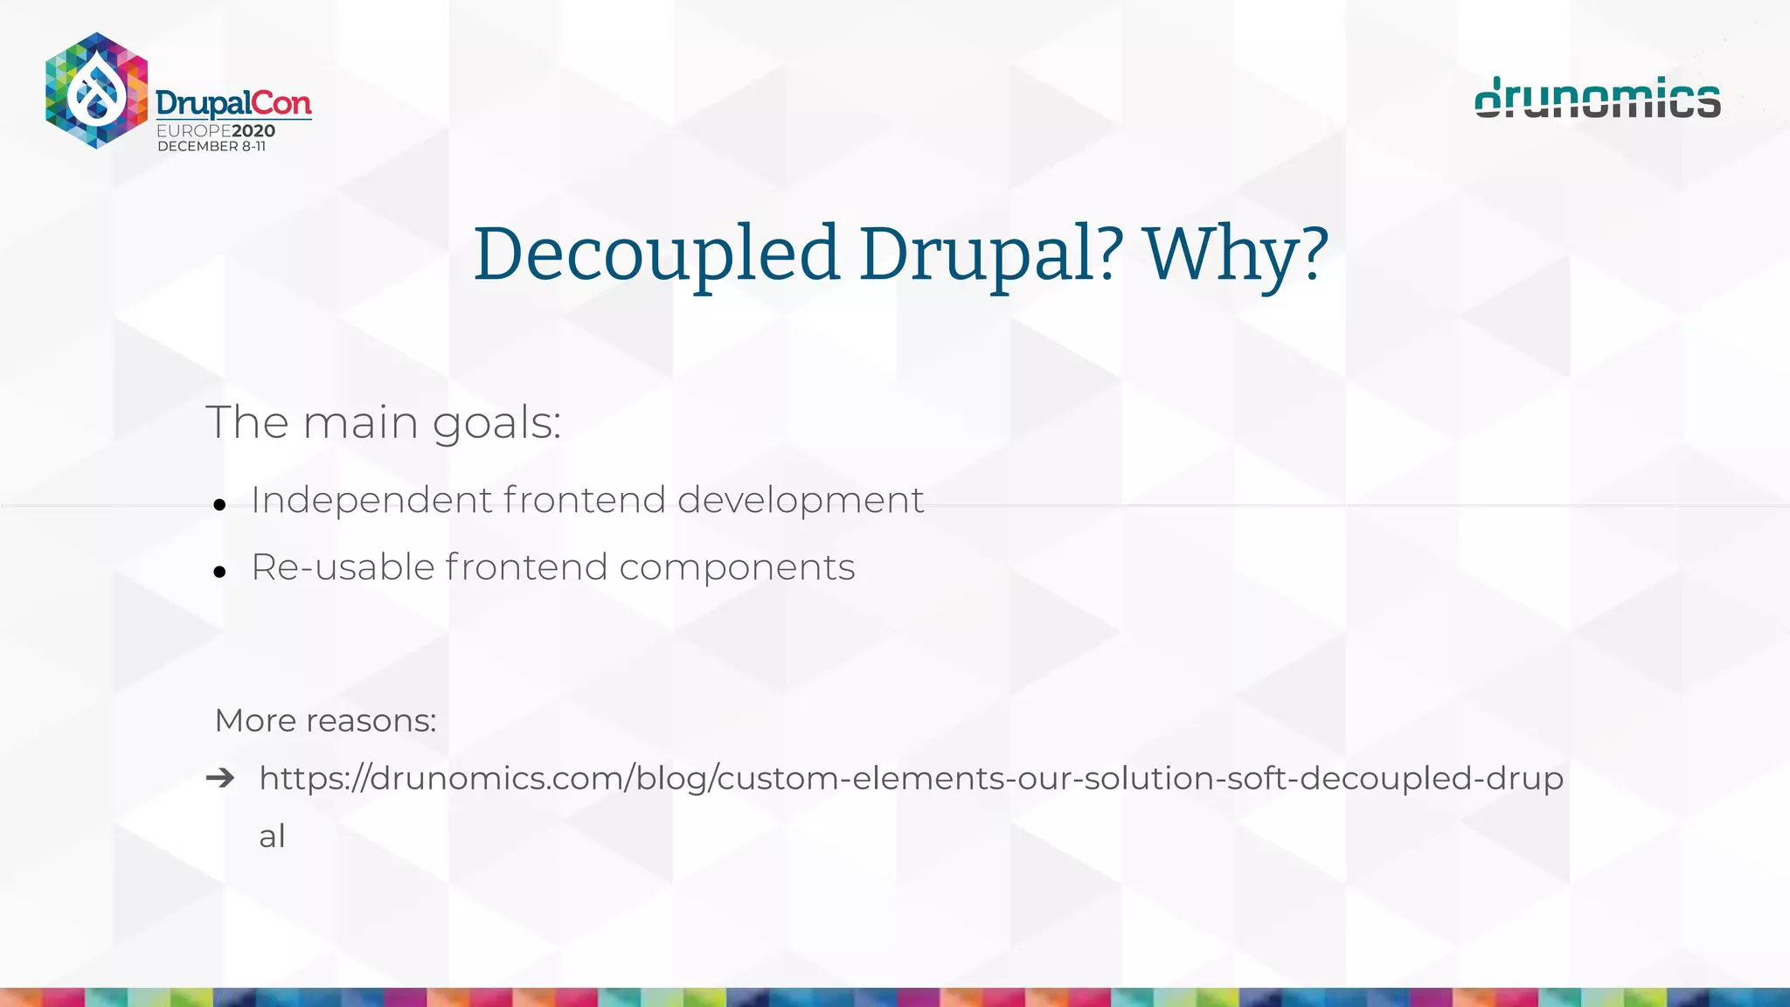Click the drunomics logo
(x=1597, y=97)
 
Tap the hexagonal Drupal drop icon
(x=96, y=90)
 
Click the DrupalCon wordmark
(x=233, y=104)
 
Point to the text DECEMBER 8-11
(x=212, y=147)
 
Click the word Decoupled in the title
(x=656, y=253)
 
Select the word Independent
(x=372, y=500)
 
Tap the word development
(x=800, y=501)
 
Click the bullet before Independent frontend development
(x=219, y=505)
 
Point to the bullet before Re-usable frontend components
(x=219, y=573)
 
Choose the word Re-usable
(x=343, y=567)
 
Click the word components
(x=737, y=568)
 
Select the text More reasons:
(x=325, y=720)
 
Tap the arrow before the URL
(x=220, y=777)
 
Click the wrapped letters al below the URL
(x=272, y=836)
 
